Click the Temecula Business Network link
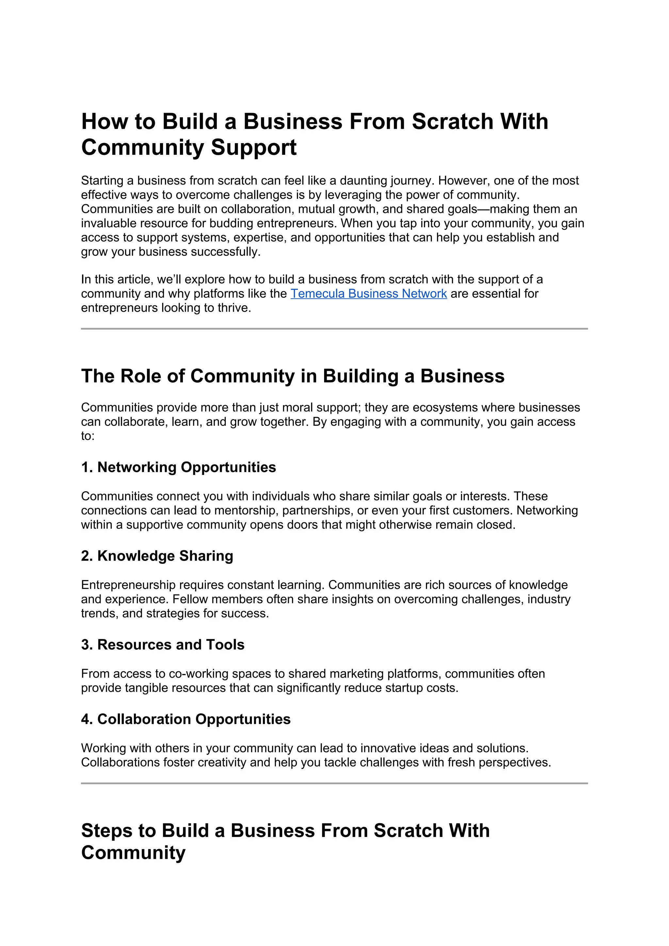click(x=369, y=293)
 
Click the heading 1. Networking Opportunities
click(x=178, y=467)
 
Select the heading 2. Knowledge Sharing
click(x=157, y=556)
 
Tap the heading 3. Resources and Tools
click(x=163, y=644)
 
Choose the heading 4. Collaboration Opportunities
click(x=186, y=719)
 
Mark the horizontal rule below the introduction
click(x=334, y=329)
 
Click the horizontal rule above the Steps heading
click(x=334, y=783)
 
